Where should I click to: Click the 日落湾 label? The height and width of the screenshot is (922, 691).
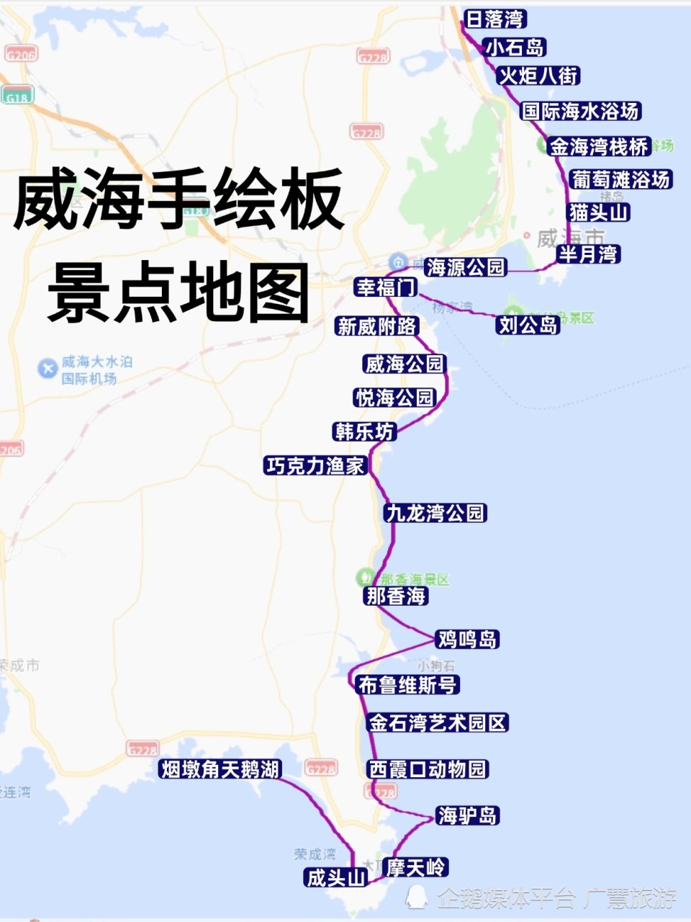tap(494, 19)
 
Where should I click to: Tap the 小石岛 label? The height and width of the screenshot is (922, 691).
tap(515, 48)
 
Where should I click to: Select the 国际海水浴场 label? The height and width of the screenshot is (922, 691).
tap(580, 111)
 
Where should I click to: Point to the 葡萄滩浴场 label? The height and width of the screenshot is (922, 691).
tap(620, 179)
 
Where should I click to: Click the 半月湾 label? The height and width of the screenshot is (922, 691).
tap(588, 254)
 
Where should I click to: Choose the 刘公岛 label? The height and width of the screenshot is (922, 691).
tap(528, 325)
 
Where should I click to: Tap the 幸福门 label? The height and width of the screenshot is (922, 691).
tap(387, 287)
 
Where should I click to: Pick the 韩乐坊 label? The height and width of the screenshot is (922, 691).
tap(364, 431)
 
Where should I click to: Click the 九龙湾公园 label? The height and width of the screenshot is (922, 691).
tap(435, 513)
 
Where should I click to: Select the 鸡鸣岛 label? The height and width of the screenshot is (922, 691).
tap(467, 639)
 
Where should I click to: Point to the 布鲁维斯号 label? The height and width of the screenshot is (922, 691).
tap(407, 685)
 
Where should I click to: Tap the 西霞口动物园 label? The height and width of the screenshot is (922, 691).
tap(428, 769)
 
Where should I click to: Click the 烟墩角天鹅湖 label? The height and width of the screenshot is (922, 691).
tap(220, 769)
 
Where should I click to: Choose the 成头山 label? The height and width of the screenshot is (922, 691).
tap(336, 878)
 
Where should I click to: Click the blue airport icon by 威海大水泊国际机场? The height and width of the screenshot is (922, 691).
tap(48, 369)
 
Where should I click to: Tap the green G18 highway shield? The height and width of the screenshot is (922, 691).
tap(17, 97)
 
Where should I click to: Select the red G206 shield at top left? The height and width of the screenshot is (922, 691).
tap(20, 55)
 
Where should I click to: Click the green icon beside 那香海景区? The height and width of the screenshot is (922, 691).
tap(366, 578)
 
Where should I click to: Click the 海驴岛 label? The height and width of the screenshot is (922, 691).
tap(467, 815)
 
